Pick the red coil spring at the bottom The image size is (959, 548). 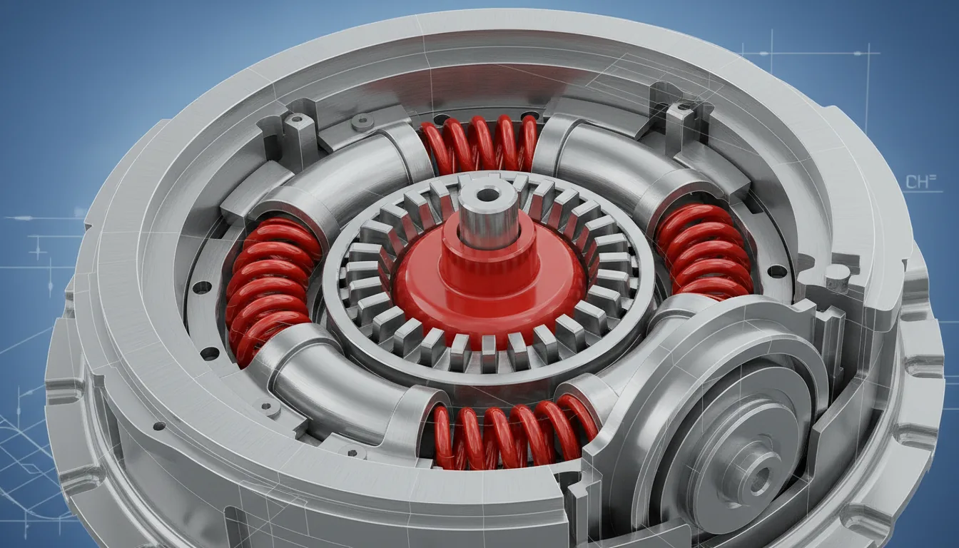pos(514,432)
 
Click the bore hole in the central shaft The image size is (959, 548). pos(488,194)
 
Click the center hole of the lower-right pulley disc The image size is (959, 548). pos(758,475)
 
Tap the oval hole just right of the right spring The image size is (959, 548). pos(777,271)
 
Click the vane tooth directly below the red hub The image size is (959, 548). pos(489,352)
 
